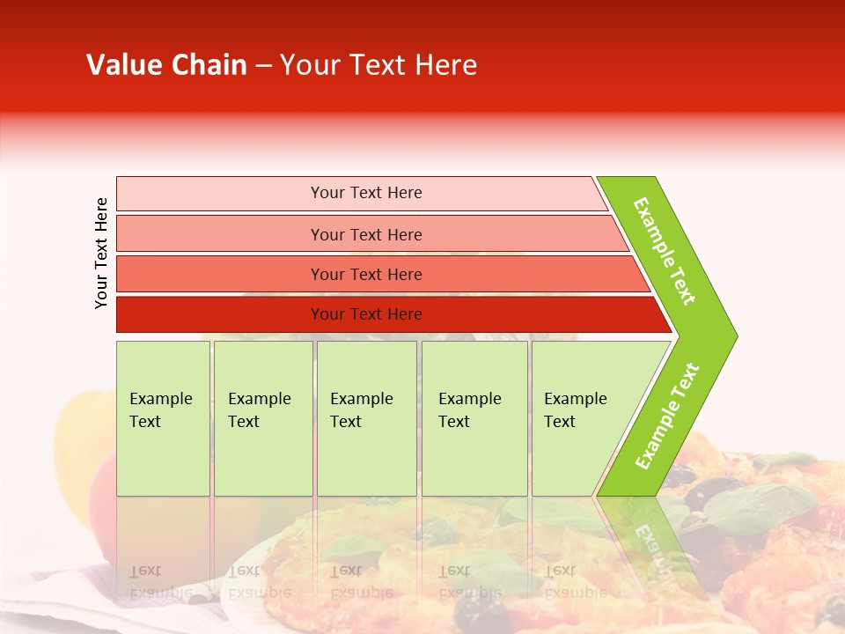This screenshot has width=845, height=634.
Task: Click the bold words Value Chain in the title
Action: (166, 65)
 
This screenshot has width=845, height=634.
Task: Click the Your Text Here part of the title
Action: (378, 65)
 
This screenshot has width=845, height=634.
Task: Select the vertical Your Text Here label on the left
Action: (101, 253)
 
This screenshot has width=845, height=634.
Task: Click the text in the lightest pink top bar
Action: (366, 193)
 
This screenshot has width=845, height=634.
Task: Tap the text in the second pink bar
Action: (366, 234)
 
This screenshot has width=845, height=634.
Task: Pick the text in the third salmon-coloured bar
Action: (366, 274)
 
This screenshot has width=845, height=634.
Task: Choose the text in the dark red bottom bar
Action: (366, 314)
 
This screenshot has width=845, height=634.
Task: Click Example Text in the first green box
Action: (160, 410)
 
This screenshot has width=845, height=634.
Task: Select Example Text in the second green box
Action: (259, 410)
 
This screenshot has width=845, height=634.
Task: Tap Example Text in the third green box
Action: (361, 410)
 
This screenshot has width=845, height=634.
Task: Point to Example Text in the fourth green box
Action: (469, 410)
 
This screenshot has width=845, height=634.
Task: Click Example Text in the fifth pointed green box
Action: (575, 410)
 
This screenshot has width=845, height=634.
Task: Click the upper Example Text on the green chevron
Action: (665, 251)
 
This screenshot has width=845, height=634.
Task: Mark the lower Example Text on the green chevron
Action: (667, 416)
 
